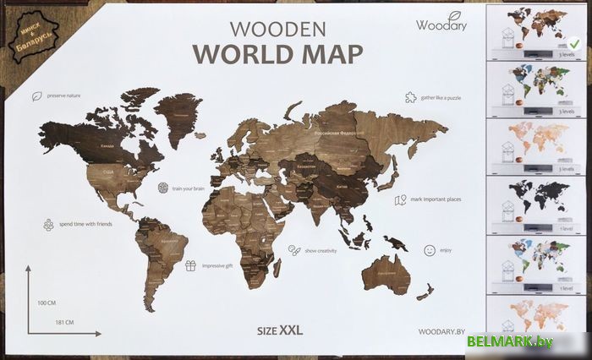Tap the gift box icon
pyautogui.click(x=191, y=265)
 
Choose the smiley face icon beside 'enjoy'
pyautogui.click(x=429, y=250)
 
